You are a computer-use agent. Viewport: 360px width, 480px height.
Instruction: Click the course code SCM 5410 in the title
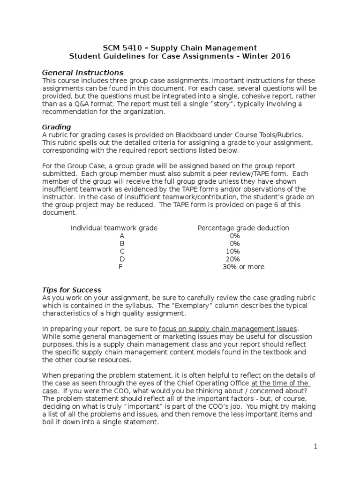[x=119, y=48]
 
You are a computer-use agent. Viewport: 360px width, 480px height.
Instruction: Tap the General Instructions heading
[x=82, y=73]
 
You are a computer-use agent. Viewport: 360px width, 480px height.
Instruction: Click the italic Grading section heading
[x=56, y=127]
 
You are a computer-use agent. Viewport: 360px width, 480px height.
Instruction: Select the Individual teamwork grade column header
[x=114, y=228]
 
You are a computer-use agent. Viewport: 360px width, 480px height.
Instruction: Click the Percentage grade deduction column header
[x=243, y=228]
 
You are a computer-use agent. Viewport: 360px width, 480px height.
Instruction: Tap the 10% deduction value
[x=232, y=251]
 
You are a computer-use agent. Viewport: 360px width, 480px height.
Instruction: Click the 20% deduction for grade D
[x=232, y=259]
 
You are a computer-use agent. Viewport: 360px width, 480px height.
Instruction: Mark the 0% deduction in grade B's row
[x=234, y=243]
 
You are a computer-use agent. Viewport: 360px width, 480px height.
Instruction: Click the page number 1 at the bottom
[x=316, y=446]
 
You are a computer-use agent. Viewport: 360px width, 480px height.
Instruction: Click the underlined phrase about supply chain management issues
[x=228, y=329]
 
